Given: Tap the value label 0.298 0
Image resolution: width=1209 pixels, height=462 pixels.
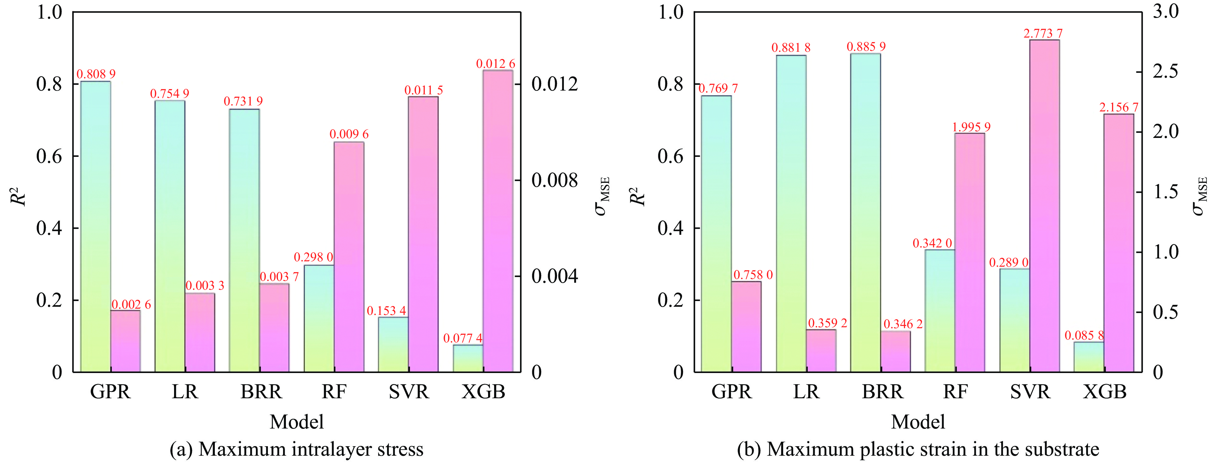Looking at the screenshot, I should (x=313, y=257).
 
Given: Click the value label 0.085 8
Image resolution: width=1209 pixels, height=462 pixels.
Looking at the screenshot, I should (x=1084, y=335).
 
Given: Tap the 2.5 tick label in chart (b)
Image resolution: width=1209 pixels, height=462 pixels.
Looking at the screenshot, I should (x=1166, y=72).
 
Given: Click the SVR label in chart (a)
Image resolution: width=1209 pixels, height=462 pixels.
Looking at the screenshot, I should (x=409, y=391).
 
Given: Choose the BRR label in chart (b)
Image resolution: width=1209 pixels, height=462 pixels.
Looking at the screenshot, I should (x=882, y=391).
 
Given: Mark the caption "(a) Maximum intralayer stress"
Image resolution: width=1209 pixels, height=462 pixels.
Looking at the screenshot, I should (x=297, y=449).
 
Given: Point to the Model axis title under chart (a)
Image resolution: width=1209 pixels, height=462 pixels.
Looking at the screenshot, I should (x=297, y=422).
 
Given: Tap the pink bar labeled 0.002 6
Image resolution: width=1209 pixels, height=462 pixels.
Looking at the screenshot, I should (x=125, y=341).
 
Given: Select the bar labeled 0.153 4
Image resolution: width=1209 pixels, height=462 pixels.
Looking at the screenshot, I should (x=393, y=344).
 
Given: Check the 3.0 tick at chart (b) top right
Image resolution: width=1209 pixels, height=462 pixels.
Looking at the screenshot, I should (x=1166, y=11).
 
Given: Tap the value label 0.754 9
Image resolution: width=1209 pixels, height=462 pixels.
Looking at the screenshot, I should (x=169, y=94).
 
